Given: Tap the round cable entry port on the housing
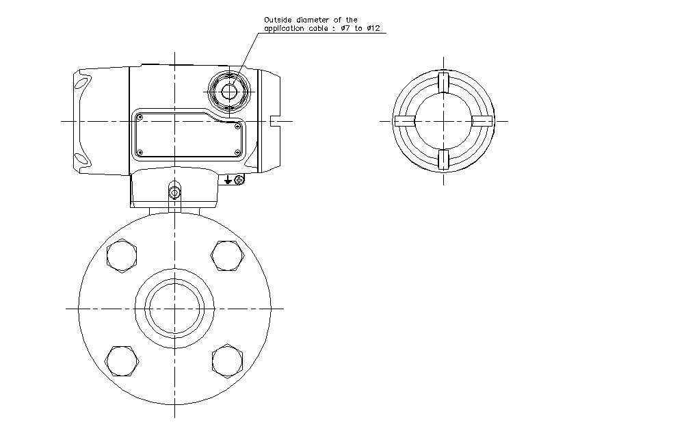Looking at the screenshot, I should (228, 90).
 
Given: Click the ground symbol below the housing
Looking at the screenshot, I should (228, 179).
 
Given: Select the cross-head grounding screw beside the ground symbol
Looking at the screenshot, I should (239, 179).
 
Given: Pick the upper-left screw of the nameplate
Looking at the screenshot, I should (140, 117).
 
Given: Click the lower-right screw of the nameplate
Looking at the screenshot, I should (237, 152).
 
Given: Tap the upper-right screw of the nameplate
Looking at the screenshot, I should (237, 126).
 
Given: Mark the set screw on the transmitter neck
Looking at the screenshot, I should (174, 193).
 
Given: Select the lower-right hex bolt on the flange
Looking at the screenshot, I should (228, 360).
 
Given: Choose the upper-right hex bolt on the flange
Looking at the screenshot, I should (228, 257).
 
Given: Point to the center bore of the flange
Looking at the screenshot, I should (175, 308).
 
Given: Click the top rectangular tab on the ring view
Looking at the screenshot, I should (443, 82).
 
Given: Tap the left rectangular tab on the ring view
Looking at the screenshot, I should (405, 121).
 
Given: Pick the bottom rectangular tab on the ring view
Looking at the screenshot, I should (443, 159).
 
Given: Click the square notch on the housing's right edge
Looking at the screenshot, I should (275, 121).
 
